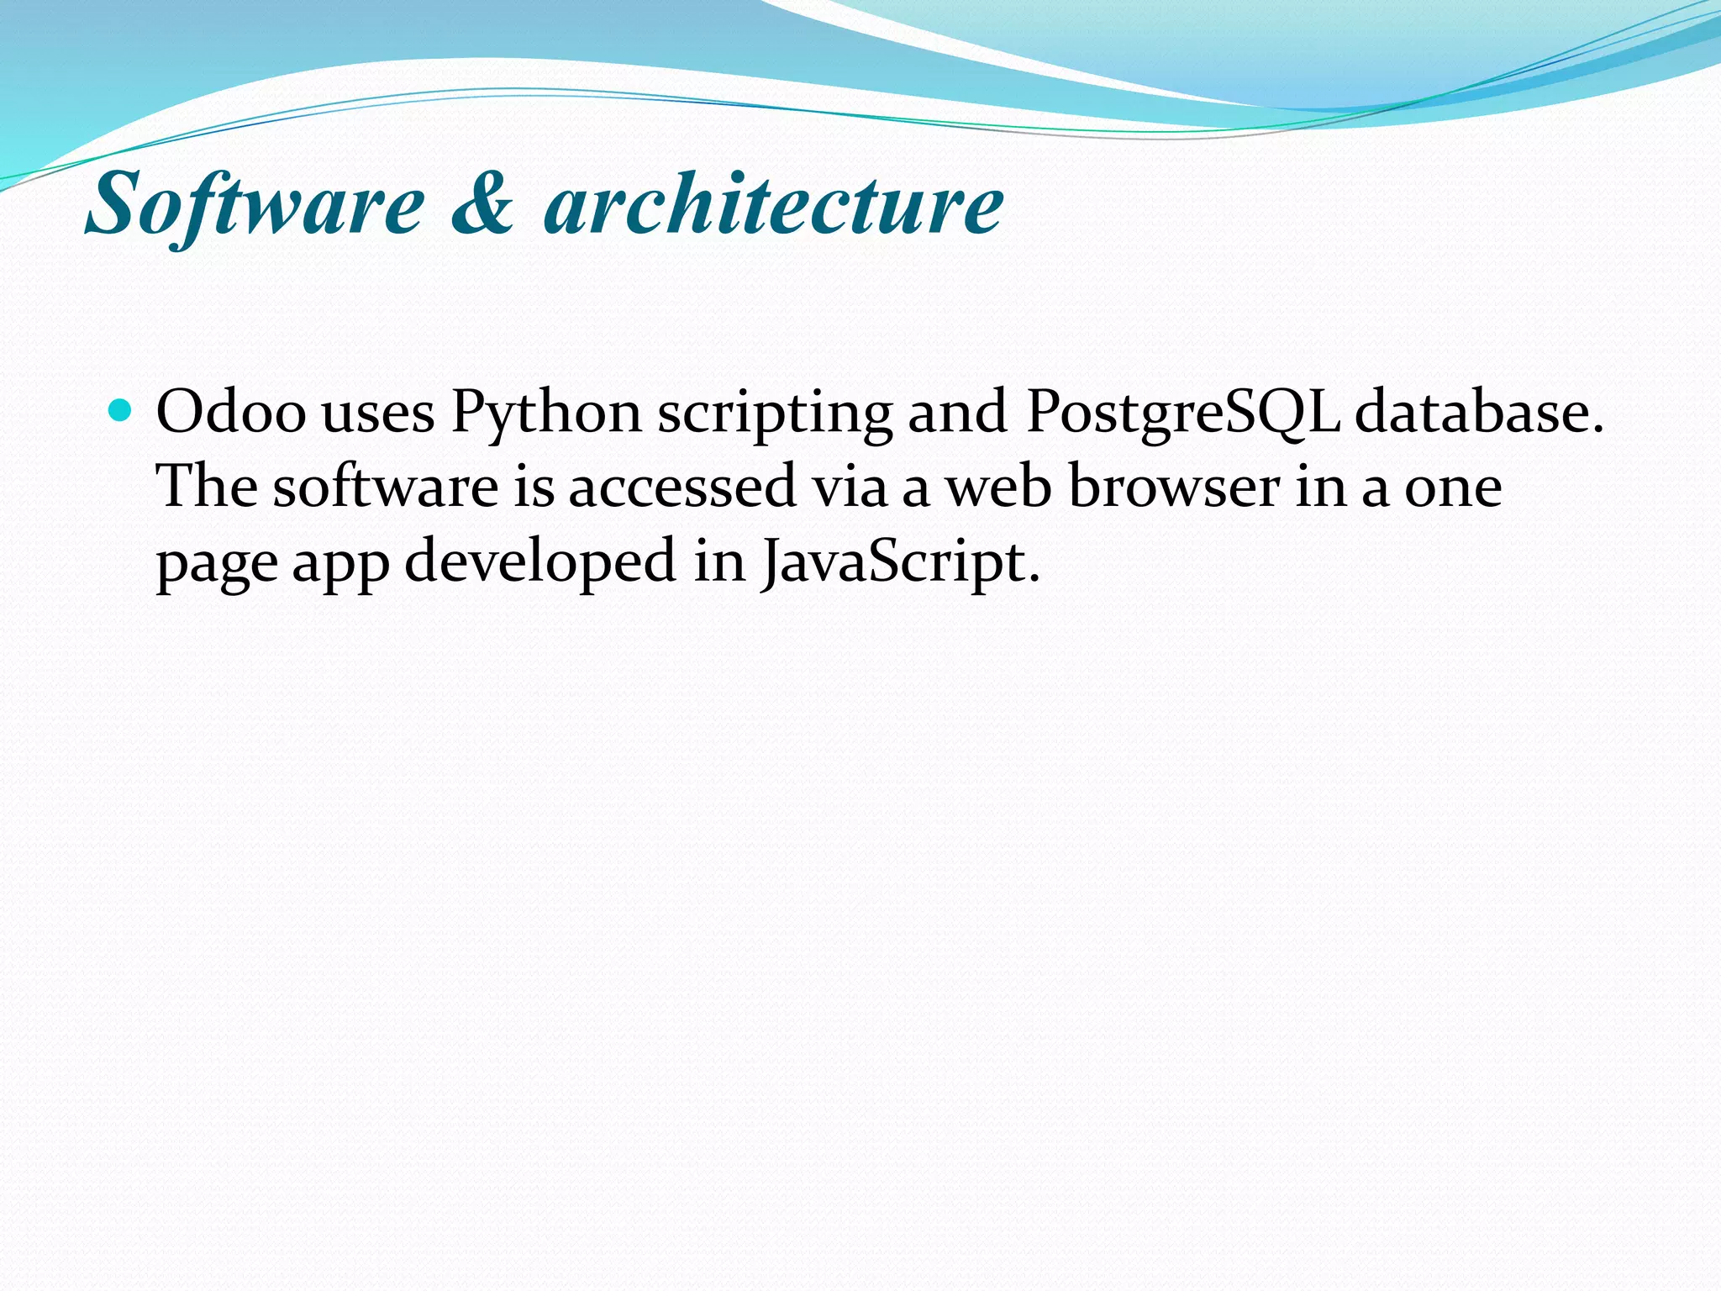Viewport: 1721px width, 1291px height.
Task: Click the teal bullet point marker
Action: (122, 411)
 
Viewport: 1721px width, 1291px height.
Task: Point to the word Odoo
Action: (231, 413)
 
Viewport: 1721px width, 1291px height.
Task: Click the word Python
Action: (546, 414)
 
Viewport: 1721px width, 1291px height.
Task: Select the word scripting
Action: (775, 414)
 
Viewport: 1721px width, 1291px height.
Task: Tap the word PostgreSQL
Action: (1183, 414)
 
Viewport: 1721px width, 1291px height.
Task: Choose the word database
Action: (1479, 413)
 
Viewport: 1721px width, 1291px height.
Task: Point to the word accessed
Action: (682, 487)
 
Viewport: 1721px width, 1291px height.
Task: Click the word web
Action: (998, 487)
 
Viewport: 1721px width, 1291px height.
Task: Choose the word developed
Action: (540, 561)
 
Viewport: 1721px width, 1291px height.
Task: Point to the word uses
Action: (378, 414)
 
